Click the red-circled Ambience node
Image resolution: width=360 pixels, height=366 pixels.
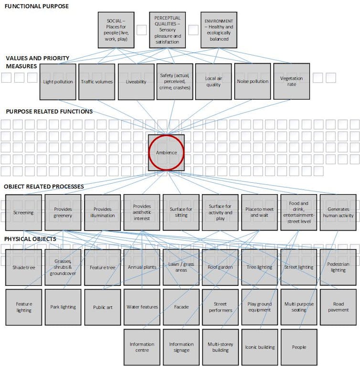click(166, 153)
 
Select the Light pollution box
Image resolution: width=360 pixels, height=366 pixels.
click(58, 82)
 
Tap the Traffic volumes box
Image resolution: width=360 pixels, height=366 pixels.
click(97, 82)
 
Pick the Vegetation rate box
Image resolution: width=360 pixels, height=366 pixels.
click(292, 81)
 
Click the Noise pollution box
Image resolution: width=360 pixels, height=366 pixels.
click(253, 81)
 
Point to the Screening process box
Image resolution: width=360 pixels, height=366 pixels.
click(23, 213)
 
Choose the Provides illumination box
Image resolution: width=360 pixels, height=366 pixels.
click(103, 213)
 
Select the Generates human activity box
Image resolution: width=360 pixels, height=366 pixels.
click(338, 213)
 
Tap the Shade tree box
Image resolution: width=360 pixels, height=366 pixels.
click(23, 267)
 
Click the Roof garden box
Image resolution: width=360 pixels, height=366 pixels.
click(220, 267)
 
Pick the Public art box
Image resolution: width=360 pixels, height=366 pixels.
click(103, 307)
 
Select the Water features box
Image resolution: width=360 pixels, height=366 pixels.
click(142, 307)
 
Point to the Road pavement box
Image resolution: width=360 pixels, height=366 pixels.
click(338, 307)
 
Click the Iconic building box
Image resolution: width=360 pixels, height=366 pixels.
click(260, 347)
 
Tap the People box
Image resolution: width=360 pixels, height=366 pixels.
click(299, 347)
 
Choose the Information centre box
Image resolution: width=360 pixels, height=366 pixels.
click(142, 347)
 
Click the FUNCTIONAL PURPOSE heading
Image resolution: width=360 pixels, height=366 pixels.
click(37, 6)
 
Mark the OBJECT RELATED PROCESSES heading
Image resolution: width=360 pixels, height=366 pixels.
click(44, 187)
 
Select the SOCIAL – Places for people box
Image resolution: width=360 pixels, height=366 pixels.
click(116, 30)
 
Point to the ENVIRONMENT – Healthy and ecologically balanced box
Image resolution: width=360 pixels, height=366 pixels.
click(219, 30)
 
